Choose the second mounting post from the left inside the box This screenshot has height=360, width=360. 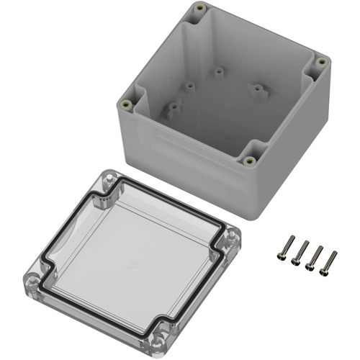(188, 86)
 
